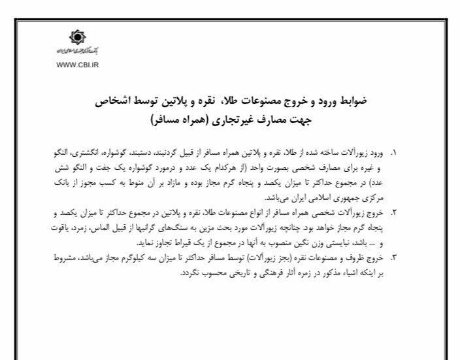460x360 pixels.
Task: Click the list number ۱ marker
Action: pyautogui.click(x=394, y=154)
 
